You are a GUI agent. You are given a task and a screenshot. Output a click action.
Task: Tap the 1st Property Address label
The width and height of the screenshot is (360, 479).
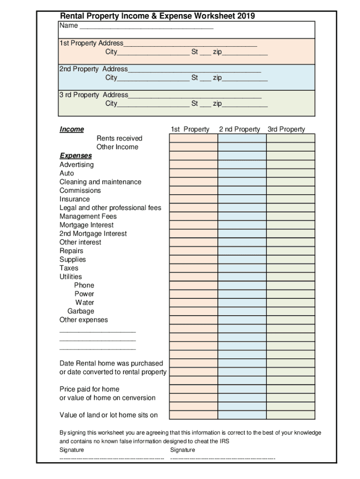91,43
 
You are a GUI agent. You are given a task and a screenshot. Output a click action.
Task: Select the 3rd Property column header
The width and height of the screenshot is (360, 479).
286,130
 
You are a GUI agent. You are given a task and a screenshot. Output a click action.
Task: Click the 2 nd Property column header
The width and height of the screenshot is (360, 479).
239,130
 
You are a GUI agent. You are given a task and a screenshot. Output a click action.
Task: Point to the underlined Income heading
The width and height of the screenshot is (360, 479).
72,130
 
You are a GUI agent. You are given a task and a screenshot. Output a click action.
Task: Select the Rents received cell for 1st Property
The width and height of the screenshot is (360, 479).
193,138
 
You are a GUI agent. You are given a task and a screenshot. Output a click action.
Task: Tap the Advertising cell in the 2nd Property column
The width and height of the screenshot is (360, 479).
242,165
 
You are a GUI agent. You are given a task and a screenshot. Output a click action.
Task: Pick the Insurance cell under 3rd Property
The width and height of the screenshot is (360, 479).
290,199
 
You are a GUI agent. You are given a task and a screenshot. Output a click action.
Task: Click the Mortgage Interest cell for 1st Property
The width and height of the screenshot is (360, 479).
193,225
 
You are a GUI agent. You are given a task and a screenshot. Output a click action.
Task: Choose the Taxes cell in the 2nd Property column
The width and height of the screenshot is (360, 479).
242,268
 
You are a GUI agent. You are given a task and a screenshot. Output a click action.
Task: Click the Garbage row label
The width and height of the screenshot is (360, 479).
80,311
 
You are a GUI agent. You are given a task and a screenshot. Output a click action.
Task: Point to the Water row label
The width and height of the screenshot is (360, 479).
84,303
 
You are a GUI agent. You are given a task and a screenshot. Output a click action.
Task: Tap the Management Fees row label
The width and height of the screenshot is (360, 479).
88,217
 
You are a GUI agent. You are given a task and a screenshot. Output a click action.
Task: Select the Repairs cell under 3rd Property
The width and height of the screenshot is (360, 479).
290,251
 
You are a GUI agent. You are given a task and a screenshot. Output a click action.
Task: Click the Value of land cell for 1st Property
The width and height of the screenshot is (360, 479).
193,415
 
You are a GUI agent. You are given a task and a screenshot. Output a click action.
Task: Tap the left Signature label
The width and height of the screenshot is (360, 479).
72,450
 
